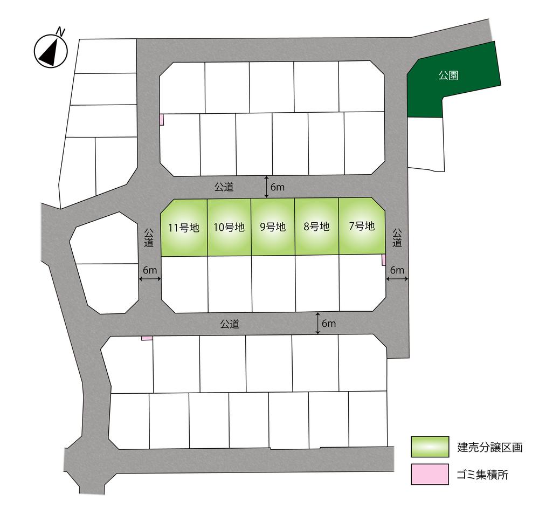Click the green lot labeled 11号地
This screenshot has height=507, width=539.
point(184,227)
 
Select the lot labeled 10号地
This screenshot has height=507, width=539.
point(229,227)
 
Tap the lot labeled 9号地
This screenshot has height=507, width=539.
point(273,227)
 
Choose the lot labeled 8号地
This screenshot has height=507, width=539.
point(316,227)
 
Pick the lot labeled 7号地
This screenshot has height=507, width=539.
point(361,227)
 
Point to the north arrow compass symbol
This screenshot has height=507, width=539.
point(51,50)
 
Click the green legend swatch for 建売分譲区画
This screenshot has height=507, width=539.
point(430,447)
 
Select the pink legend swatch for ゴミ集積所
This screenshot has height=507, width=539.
point(430,474)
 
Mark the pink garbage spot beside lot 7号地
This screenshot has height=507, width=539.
point(384,260)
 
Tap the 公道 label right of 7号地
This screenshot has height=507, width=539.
point(397,238)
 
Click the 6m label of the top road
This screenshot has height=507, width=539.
point(278,187)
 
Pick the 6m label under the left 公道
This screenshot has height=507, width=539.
point(150,270)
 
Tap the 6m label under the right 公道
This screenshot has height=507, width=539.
point(397,270)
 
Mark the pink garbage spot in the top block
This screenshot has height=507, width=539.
point(161,119)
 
